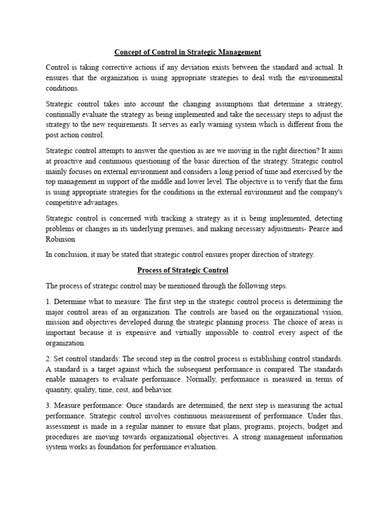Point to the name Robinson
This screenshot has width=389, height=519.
(61, 239)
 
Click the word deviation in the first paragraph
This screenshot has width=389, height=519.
(202, 67)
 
